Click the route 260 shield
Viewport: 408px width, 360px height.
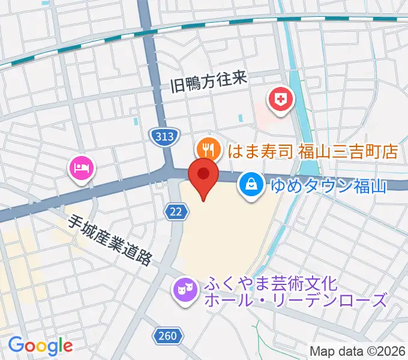(x=169, y=335)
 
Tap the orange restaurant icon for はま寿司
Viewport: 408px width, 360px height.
(x=207, y=148)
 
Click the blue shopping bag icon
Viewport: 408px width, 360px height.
(x=250, y=184)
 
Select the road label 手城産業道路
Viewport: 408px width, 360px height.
(x=110, y=239)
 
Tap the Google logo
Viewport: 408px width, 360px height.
(x=40, y=345)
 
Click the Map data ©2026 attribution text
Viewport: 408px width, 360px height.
(x=358, y=352)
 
